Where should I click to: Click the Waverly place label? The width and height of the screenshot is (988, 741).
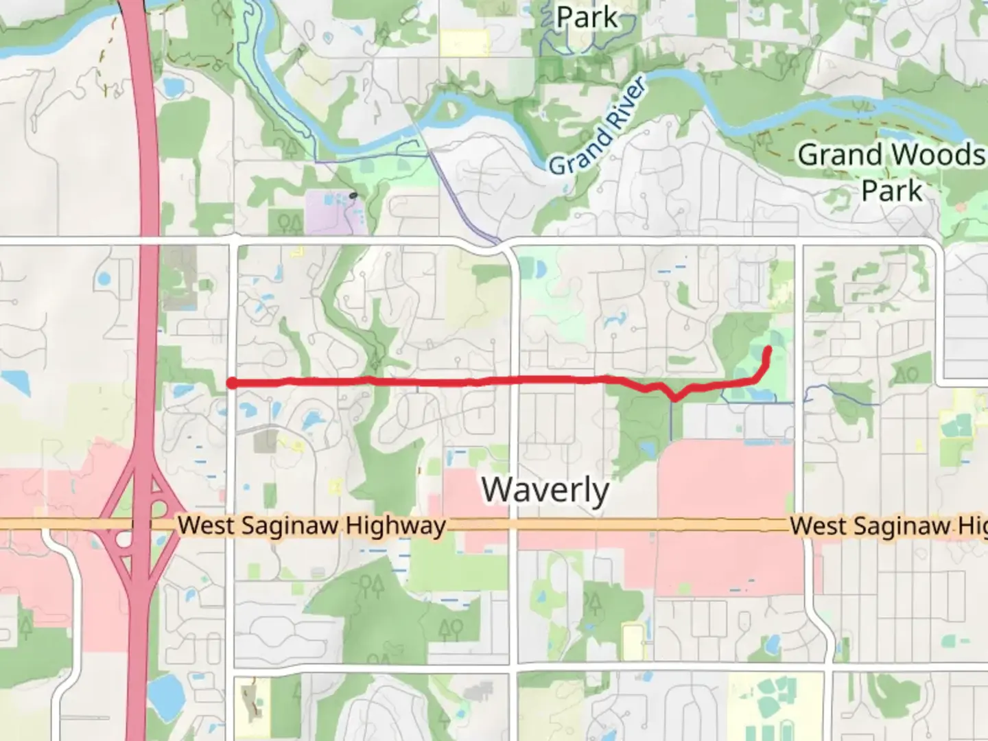tap(545, 490)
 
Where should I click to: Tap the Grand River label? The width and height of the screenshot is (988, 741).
tap(598, 128)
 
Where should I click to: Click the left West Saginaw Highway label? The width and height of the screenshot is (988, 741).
tap(311, 526)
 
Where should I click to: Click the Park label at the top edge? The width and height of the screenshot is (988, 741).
tap(587, 16)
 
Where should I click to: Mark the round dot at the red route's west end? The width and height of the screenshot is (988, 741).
tap(233, 384)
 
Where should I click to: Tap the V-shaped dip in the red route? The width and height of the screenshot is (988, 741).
tap(676, 397)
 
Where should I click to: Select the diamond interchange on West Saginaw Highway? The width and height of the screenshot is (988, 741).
tap(140, 525)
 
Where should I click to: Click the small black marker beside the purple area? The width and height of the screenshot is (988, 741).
tap(353, 196)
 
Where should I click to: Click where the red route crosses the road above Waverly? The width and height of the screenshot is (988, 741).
tap(515, 379)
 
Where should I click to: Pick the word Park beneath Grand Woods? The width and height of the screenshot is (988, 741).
tap(892, 190)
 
